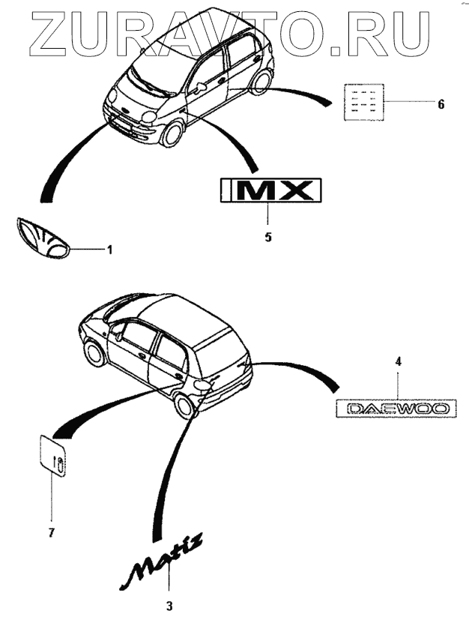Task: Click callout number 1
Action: click(109, 249)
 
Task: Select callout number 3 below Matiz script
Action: click(169, 606)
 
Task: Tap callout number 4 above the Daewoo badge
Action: click(399, 361)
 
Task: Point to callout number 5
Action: click(268, 237)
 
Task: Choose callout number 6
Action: click(441, 104)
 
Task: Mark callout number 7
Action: click(52, 532)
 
